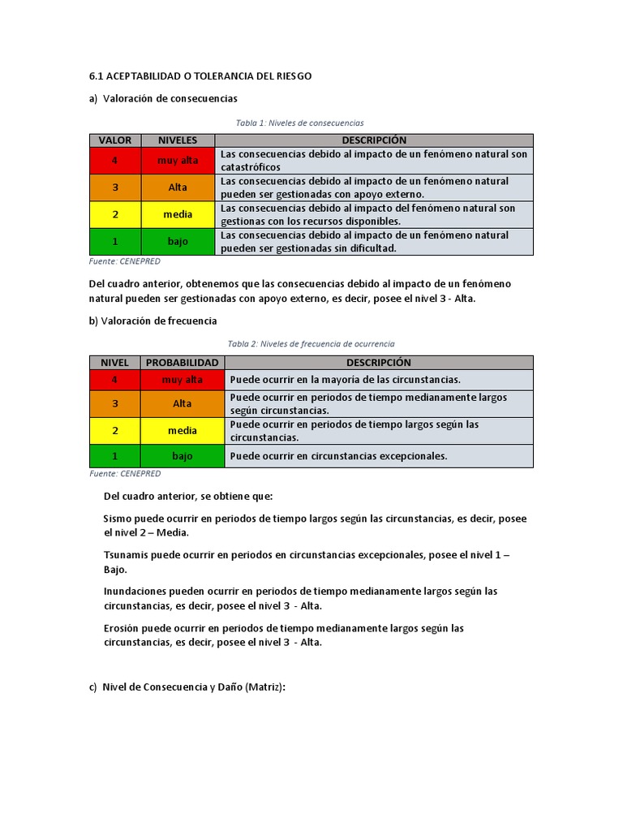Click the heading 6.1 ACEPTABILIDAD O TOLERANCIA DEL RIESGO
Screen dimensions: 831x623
click(x=200, y=76)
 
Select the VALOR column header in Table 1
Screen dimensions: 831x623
click(x=114, y=140)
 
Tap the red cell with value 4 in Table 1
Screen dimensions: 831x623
click(x=114, y=161)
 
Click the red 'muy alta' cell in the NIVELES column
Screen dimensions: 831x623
click(x=178, y=161)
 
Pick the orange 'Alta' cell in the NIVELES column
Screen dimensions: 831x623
click(x=178, y=187)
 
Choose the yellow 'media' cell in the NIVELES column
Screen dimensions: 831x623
click(x=178, y=214)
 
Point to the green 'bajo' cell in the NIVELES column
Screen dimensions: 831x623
click(x=178, y=242)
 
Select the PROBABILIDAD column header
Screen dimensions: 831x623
click(x=183, y=363)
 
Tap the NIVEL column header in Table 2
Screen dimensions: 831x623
click(x=114, y=363)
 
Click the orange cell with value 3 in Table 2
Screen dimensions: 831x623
click(x=114, y=403)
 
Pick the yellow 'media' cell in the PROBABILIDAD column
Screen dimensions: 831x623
click(x=183, y=431)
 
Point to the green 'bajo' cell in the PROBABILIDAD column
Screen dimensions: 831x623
click(x=183, y=456)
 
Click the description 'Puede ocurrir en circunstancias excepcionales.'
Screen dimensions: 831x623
click(x=338, y=456)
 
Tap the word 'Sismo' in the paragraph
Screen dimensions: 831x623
click(x=117, y=518)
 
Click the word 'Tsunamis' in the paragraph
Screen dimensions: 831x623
click(x=123, y=554)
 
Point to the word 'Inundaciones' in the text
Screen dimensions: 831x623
click(x=134, y=591)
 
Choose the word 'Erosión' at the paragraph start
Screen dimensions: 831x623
click(x=122, y=628)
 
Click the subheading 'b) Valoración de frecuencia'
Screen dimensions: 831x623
click(x=153, y=321)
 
